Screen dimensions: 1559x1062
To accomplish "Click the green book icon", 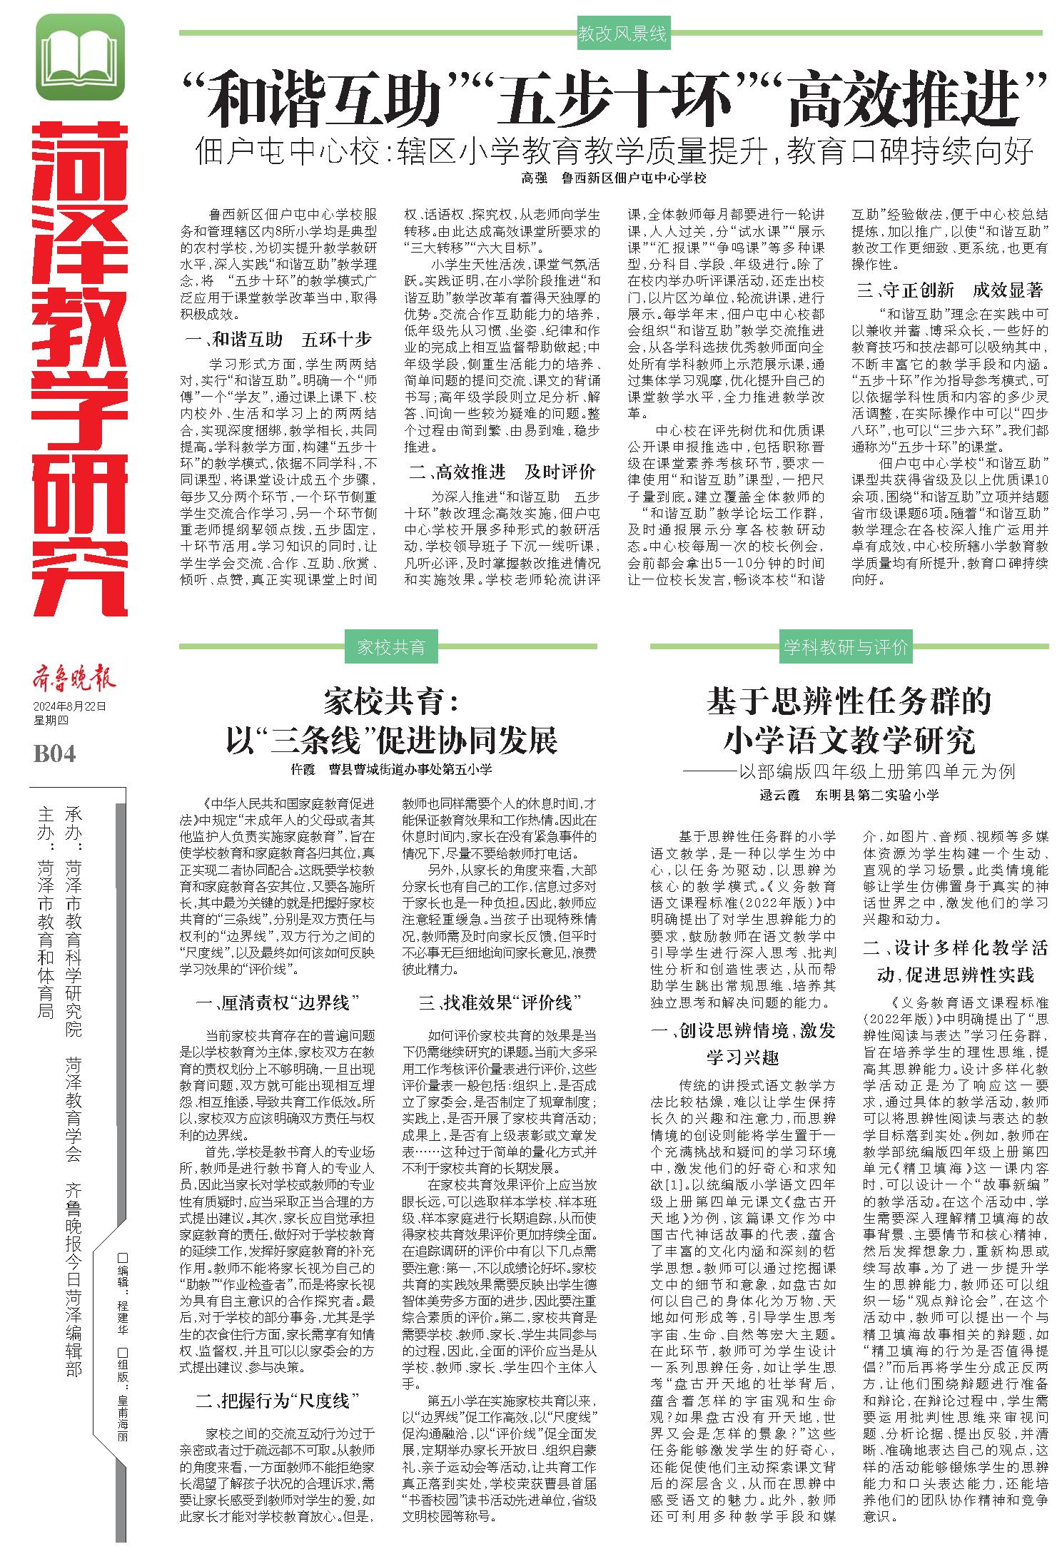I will (x=79, y=58).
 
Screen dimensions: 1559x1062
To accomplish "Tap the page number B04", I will (x=54, y=754).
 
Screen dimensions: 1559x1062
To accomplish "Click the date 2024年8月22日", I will (x=70, y=706).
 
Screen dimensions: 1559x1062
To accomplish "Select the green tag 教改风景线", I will (x=622, y=34).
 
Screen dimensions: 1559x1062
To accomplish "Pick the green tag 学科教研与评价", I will (x=846, y=647).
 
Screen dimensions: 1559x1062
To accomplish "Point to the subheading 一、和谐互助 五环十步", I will (x=278, y=339).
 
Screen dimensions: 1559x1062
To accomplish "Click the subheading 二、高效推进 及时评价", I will (x=502, y=472).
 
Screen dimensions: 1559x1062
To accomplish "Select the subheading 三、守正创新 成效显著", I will (x=950, y=290).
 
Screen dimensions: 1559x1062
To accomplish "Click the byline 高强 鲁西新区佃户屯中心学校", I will (x=613, y=178).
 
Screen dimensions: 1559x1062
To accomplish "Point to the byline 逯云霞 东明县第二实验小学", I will (x=849, y=794).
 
